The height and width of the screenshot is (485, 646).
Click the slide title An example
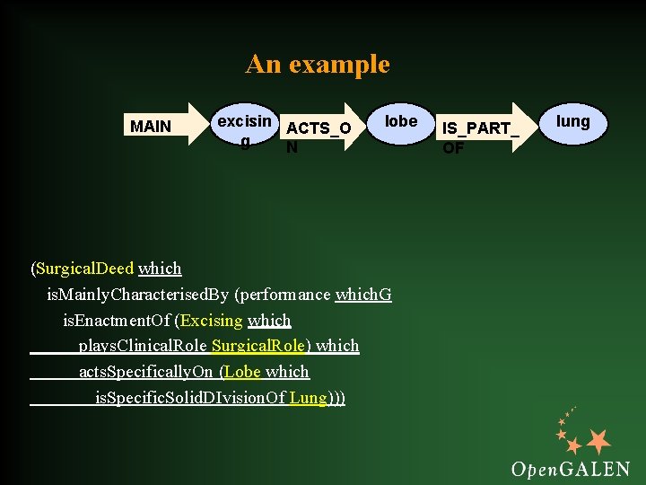(318, 65)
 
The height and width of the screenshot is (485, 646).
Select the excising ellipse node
(243, 128)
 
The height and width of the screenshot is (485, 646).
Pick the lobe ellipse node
(400, 122)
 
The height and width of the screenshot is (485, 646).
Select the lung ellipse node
(572, 122)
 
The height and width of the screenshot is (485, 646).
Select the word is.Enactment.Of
(117, 321)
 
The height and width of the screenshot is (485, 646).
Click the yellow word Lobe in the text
(242, 372)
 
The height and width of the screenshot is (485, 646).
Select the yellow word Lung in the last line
(308, 398)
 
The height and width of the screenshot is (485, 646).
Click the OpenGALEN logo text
(570, 468)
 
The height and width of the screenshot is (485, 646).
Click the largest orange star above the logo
(597, 441)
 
